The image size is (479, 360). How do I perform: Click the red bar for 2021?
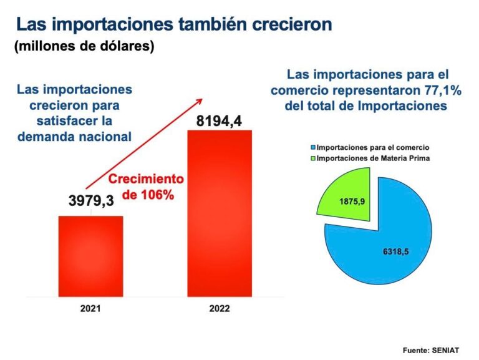[x=90, y=255]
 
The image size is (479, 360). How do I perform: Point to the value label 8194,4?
[x=218, y=119]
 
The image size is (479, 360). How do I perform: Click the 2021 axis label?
[x=90, y=308]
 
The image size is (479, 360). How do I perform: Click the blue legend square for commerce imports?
[x=312, y=148]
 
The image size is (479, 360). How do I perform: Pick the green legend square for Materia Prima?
[x=312, y=158]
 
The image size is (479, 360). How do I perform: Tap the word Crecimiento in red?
[x=147, y=179]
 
